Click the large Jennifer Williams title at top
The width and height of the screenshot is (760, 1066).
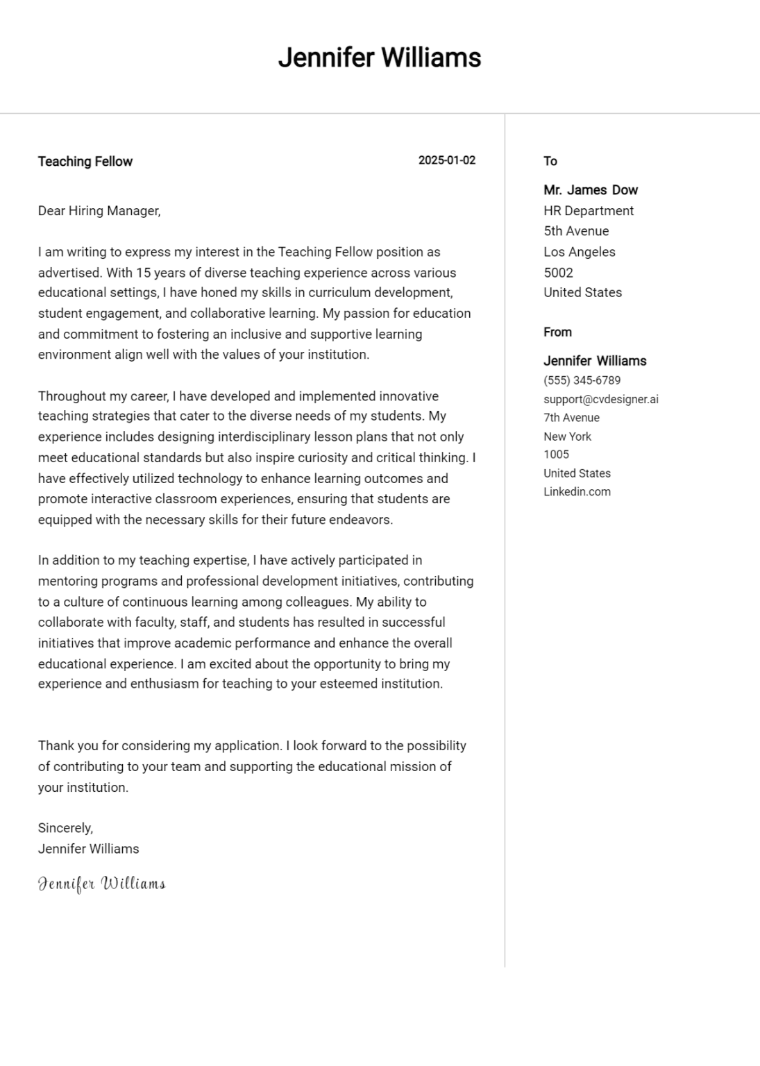pos(379,58)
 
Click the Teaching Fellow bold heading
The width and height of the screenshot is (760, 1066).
pos(85,162)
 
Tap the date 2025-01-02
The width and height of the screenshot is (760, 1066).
pos(446,160)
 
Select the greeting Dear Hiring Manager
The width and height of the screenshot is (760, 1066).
pos(99,211)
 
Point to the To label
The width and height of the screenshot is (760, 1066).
pos(550,161)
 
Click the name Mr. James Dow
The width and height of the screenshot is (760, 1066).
pos(590,190)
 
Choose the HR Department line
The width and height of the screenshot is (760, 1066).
pos(589,211)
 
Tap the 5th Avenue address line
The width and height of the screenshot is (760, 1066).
pos(576,231)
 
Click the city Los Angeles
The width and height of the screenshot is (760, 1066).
pos(579,252)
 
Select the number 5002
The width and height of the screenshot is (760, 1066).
pos(558,273)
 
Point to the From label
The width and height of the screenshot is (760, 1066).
pos(557,332)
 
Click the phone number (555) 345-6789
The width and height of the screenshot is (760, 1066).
pos(582,380)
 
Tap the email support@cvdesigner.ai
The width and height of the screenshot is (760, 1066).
pos(600,399)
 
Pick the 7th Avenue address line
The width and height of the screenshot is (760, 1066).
pos(571,418)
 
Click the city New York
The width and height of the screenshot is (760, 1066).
pos(567,437)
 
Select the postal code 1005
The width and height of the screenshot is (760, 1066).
pos(556,455)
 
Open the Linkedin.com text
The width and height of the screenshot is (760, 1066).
pos(577,492)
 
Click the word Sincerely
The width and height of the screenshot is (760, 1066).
pos(65,828)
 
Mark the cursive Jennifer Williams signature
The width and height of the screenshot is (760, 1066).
pos(101,883)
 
